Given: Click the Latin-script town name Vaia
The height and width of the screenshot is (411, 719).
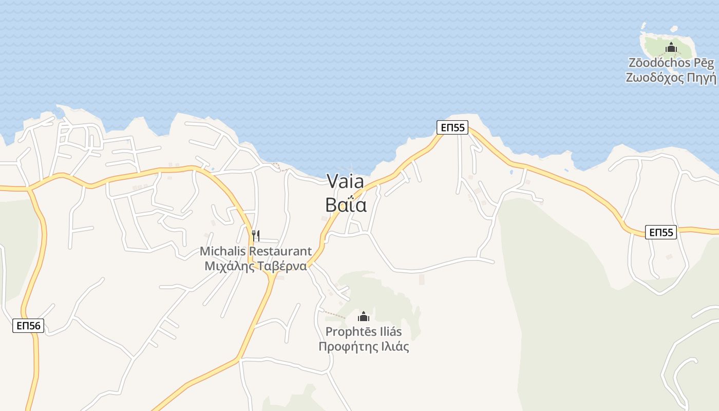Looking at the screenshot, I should click(x=345, y=181).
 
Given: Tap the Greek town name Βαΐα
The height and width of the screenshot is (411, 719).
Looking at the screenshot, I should click(x=346, y=205).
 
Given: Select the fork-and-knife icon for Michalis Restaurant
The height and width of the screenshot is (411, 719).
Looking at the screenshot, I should click(x=256, y=236).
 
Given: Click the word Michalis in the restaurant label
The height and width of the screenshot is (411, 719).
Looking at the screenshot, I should click(x=222, y=251).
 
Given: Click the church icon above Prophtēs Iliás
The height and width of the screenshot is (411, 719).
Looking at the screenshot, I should click(x=364, y=316).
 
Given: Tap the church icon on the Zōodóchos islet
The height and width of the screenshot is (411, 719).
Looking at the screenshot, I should click(x=671, y=47).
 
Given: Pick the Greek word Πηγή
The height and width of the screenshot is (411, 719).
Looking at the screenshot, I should click(x=702, y=78).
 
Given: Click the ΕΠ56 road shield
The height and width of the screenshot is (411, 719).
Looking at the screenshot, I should click(x=28, y=325).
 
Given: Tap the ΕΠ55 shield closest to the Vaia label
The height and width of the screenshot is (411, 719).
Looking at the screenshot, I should click(x=452, y=127).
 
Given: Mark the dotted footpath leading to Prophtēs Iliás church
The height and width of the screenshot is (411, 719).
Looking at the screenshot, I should click(x=333, y=314).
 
